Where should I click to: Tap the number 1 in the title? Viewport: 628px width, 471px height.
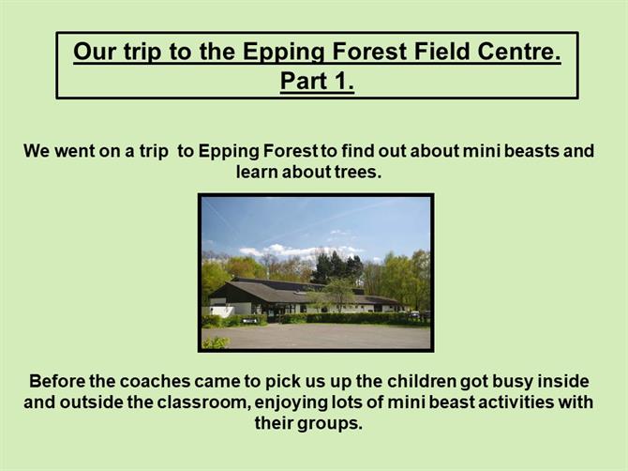341,81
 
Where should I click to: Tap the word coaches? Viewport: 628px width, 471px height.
155,381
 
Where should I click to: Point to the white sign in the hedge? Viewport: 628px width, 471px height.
250,320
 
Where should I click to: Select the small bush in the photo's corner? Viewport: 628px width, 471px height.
216,342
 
